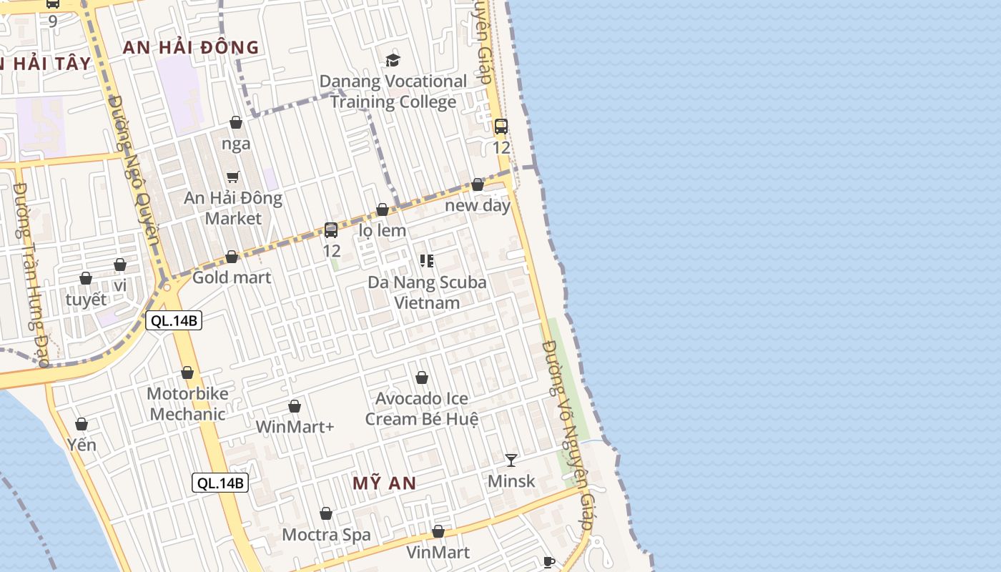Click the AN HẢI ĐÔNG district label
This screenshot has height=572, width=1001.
pos(190,48)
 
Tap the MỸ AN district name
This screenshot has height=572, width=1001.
pos(384,483)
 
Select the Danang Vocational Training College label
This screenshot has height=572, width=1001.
pos(393,92)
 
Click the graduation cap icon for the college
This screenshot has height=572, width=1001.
pos(393,60)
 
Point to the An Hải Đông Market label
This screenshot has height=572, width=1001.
pos(233,208)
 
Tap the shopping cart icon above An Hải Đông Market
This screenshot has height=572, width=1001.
pos(233,177)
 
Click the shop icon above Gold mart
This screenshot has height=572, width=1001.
pos(232,257)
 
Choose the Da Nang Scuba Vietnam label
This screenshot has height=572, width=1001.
pos(427,292)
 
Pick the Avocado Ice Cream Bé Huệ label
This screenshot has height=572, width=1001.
pos(422,408)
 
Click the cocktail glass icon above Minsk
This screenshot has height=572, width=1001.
pos(511,460)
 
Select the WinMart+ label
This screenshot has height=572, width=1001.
pos(295,427)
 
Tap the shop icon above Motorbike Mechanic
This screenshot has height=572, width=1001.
pos(187,373)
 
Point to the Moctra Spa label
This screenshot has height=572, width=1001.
pos(326,535)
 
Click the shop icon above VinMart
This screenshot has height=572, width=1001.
pos(438,531)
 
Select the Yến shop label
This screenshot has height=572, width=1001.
pos(82,445)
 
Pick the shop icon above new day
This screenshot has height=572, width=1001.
pos(478,185)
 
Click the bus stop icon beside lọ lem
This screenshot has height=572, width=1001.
pos(331,230)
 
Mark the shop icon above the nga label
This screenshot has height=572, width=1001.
pos(236,123)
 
